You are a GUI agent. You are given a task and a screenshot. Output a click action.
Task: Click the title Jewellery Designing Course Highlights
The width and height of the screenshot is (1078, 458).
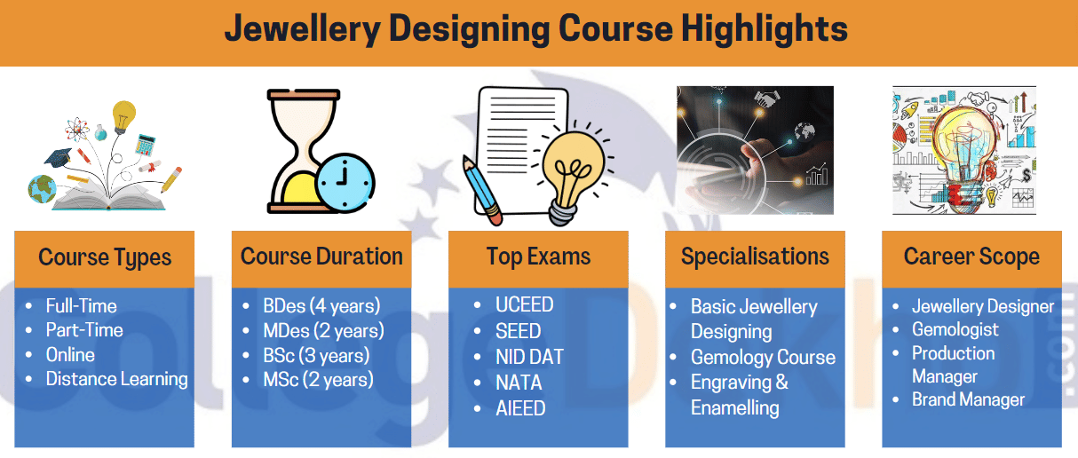[535, 29]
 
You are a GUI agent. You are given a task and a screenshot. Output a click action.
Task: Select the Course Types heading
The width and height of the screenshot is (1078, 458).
[105, 258]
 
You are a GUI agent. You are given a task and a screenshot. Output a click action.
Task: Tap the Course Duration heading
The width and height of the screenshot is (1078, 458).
[321, 257]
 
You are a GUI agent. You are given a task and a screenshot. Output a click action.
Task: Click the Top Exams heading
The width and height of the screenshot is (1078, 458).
[538, 257]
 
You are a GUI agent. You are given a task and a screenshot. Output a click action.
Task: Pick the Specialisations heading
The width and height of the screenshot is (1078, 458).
[755, 257]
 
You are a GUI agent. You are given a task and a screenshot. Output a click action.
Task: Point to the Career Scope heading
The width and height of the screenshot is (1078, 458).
[971, 257]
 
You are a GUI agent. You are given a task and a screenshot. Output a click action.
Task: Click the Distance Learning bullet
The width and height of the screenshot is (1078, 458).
[116, 379]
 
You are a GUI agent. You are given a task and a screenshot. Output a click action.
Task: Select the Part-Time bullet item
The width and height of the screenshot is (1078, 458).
[84, 330]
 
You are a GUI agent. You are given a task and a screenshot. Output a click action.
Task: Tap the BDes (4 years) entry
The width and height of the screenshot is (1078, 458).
[321, 306]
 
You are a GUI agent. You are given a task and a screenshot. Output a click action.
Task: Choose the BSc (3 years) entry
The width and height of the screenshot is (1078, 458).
[316, 355]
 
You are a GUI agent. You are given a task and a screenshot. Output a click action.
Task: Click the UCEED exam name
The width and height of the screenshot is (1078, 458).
[524, 305]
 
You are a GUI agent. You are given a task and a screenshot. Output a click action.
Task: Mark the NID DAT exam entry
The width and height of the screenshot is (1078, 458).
[529, 357]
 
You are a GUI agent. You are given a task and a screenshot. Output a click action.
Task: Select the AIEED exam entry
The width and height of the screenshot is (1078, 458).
[520, 408]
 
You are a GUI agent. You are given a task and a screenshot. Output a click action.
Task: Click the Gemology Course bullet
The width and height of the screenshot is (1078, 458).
[763, 358]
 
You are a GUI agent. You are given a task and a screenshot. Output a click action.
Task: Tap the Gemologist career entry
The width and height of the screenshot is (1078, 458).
[955, 329]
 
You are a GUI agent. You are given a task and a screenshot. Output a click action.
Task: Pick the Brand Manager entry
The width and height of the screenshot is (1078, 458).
[968, 399]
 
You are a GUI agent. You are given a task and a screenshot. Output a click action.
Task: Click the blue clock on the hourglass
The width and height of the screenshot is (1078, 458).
[345, 184]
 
